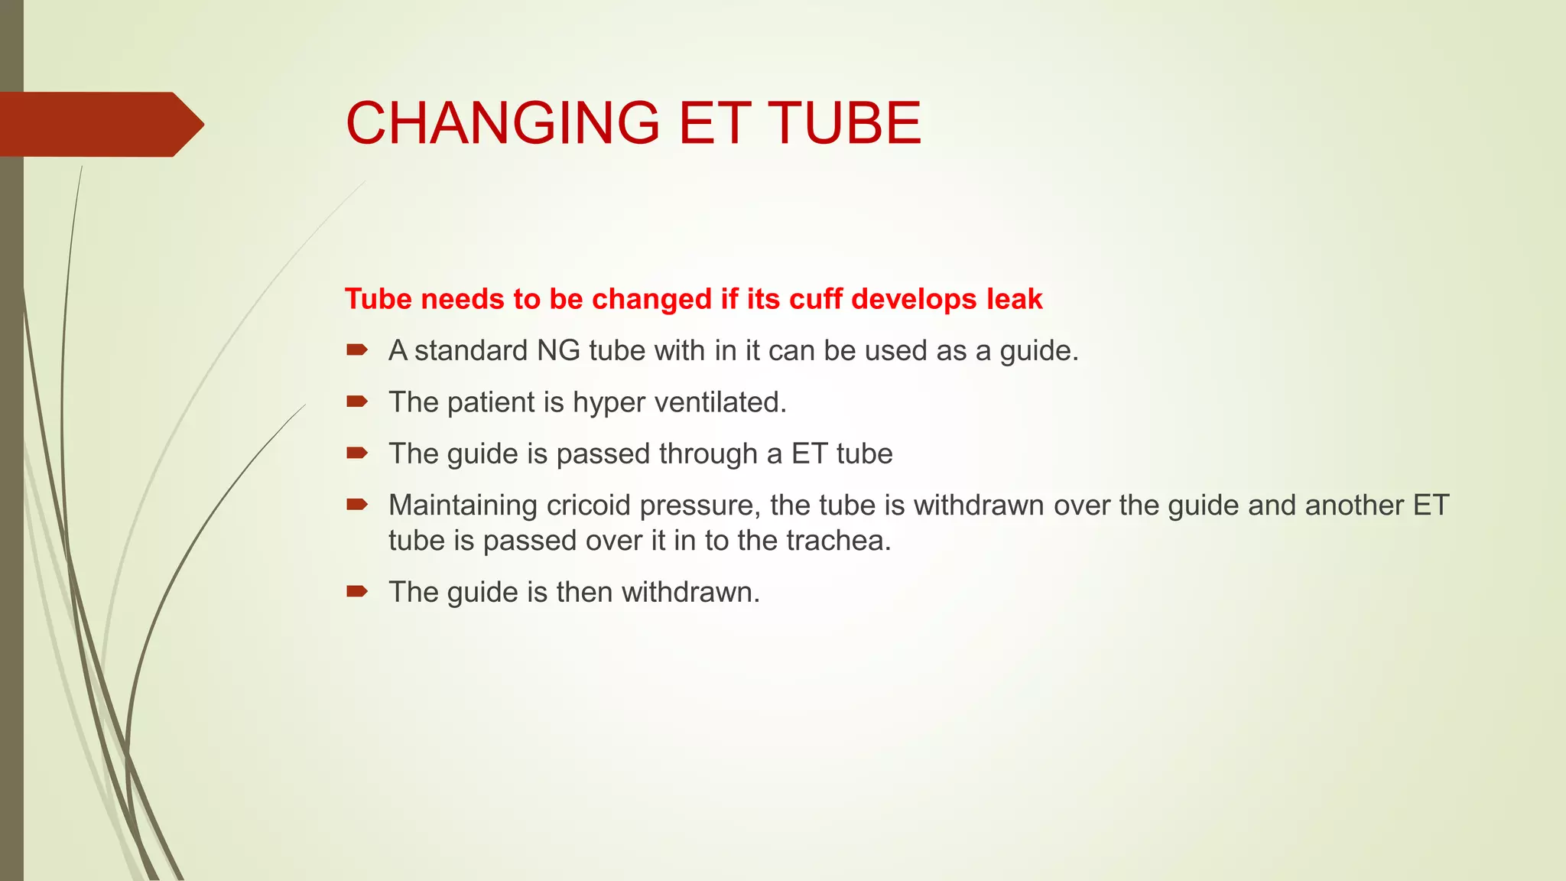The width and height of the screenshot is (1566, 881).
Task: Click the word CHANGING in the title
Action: click(x=502, y=123)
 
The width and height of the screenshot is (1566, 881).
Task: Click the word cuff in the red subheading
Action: click(x=816, y=299)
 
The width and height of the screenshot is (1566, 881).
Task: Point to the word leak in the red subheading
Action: click(x=1014, y=299)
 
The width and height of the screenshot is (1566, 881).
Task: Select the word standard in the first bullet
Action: click(x=471, y=350)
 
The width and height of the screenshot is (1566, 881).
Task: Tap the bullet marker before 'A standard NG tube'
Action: click(x=357, y=350)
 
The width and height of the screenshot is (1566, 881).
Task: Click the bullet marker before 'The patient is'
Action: click(x=357, y=401)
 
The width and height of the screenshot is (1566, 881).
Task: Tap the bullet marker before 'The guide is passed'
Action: click(x=357, y=454)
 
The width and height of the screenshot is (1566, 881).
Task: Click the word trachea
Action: click(x=838, y=541)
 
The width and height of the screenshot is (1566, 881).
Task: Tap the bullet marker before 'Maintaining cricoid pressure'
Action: click(x=357, y=504)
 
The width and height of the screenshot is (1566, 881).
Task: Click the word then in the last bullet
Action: click(x=584, y=593)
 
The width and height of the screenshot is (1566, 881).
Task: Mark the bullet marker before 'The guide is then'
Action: click(x=357, y=591)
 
